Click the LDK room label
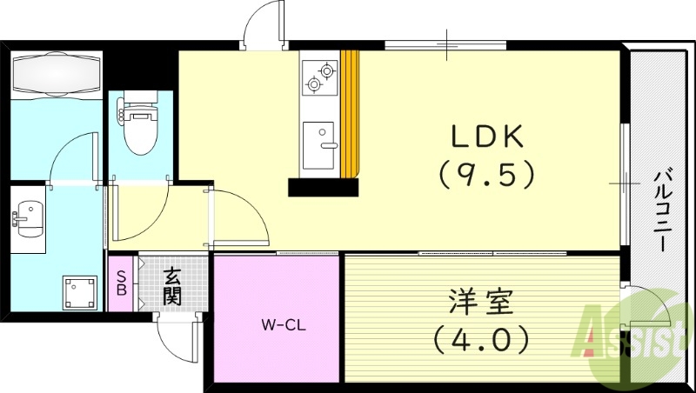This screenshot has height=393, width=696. click(x=485, y=137)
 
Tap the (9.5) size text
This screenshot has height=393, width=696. click(x=485, y=176)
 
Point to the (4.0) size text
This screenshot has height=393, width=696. click(x=481, y=339)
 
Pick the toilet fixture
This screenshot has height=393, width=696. click(x=137, y=125)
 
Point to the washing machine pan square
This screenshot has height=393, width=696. click(x=83, y=291)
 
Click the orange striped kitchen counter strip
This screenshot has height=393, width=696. click(x=349, y=113)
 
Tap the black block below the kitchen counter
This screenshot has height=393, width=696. click(x=323, y=187)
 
